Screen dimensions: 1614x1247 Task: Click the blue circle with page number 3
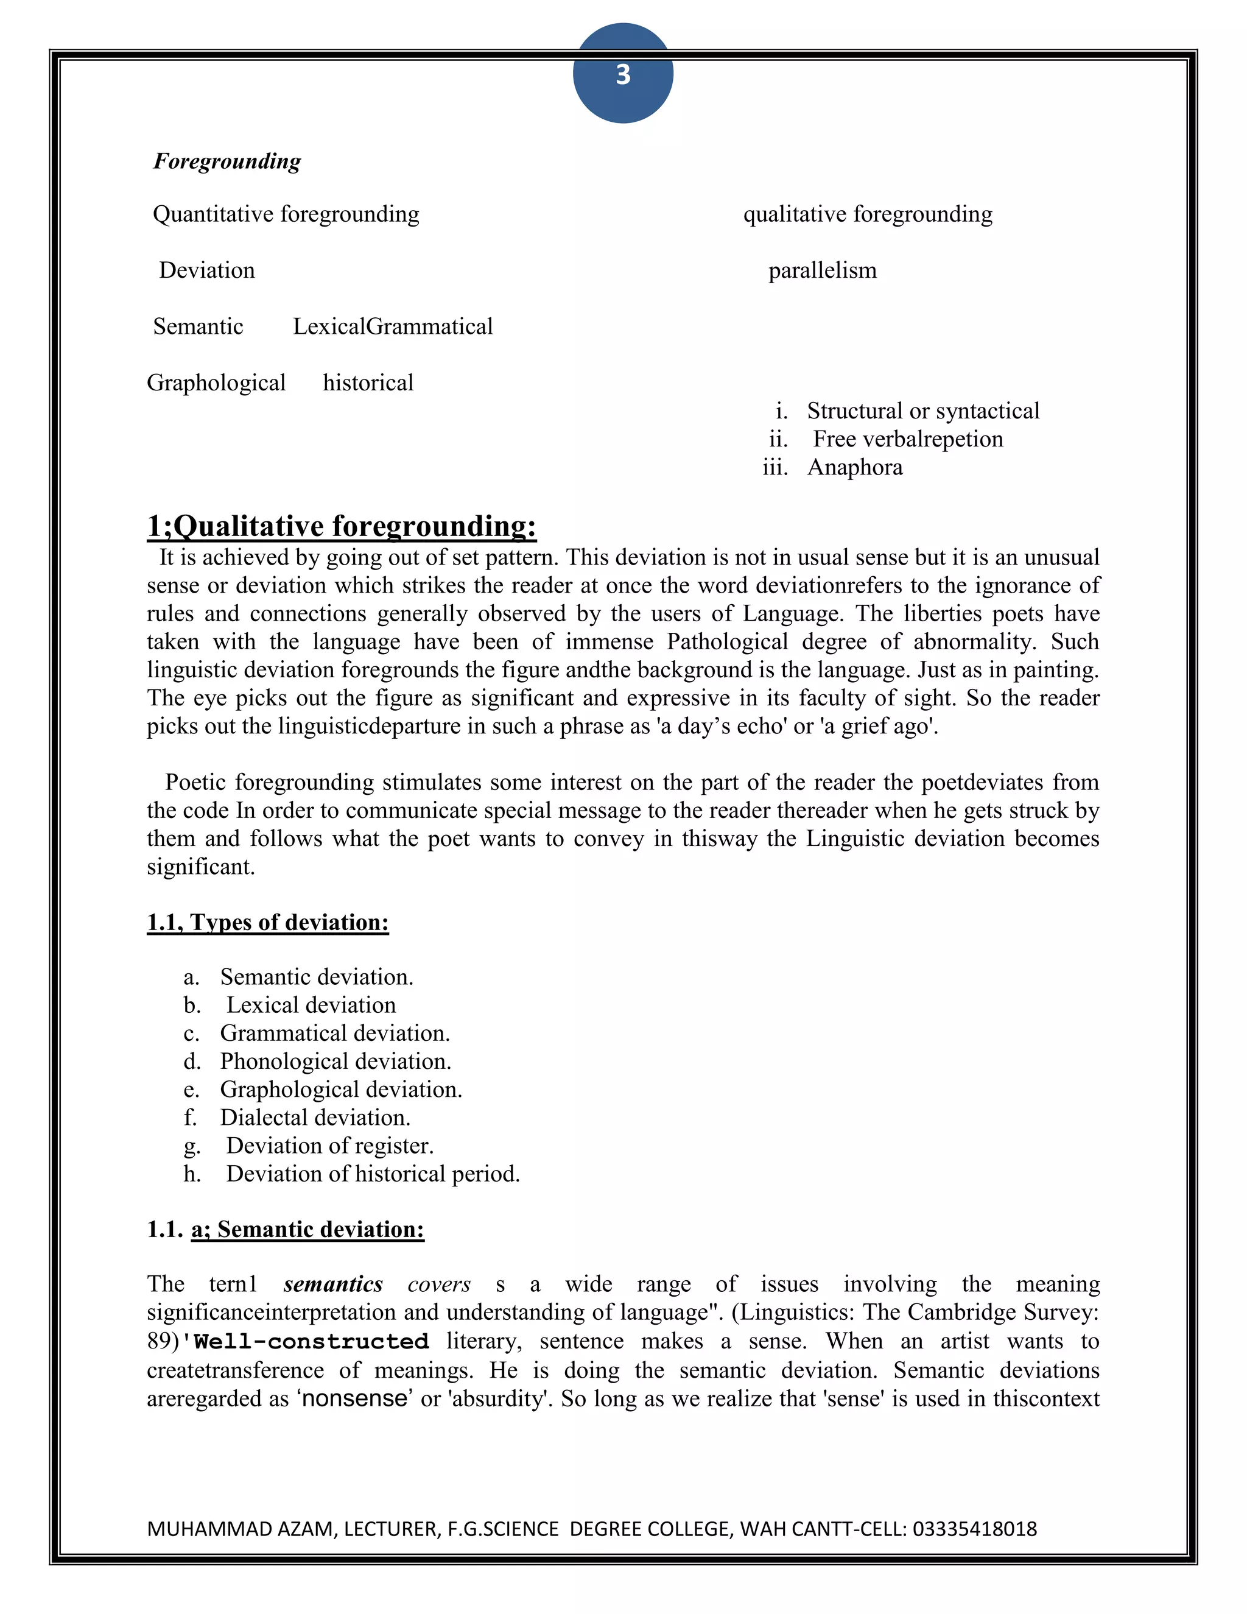623,74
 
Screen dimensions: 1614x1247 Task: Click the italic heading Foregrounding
227,161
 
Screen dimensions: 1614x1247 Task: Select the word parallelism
822,270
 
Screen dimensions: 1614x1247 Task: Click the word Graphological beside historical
216,383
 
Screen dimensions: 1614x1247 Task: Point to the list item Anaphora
855,468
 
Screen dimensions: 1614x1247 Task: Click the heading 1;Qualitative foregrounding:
342,526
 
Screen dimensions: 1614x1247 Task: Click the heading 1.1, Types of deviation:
267,922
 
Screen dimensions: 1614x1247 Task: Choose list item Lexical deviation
311,1005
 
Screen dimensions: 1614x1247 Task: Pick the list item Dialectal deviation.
315,1118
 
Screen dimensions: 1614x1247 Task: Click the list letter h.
192,1174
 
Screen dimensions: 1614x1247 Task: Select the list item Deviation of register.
329,1146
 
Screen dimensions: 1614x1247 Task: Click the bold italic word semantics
333,1285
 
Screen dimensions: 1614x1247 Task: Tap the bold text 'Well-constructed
305,1341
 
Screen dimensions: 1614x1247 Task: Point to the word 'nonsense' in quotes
354,1399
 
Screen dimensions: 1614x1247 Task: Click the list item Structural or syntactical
922,411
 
